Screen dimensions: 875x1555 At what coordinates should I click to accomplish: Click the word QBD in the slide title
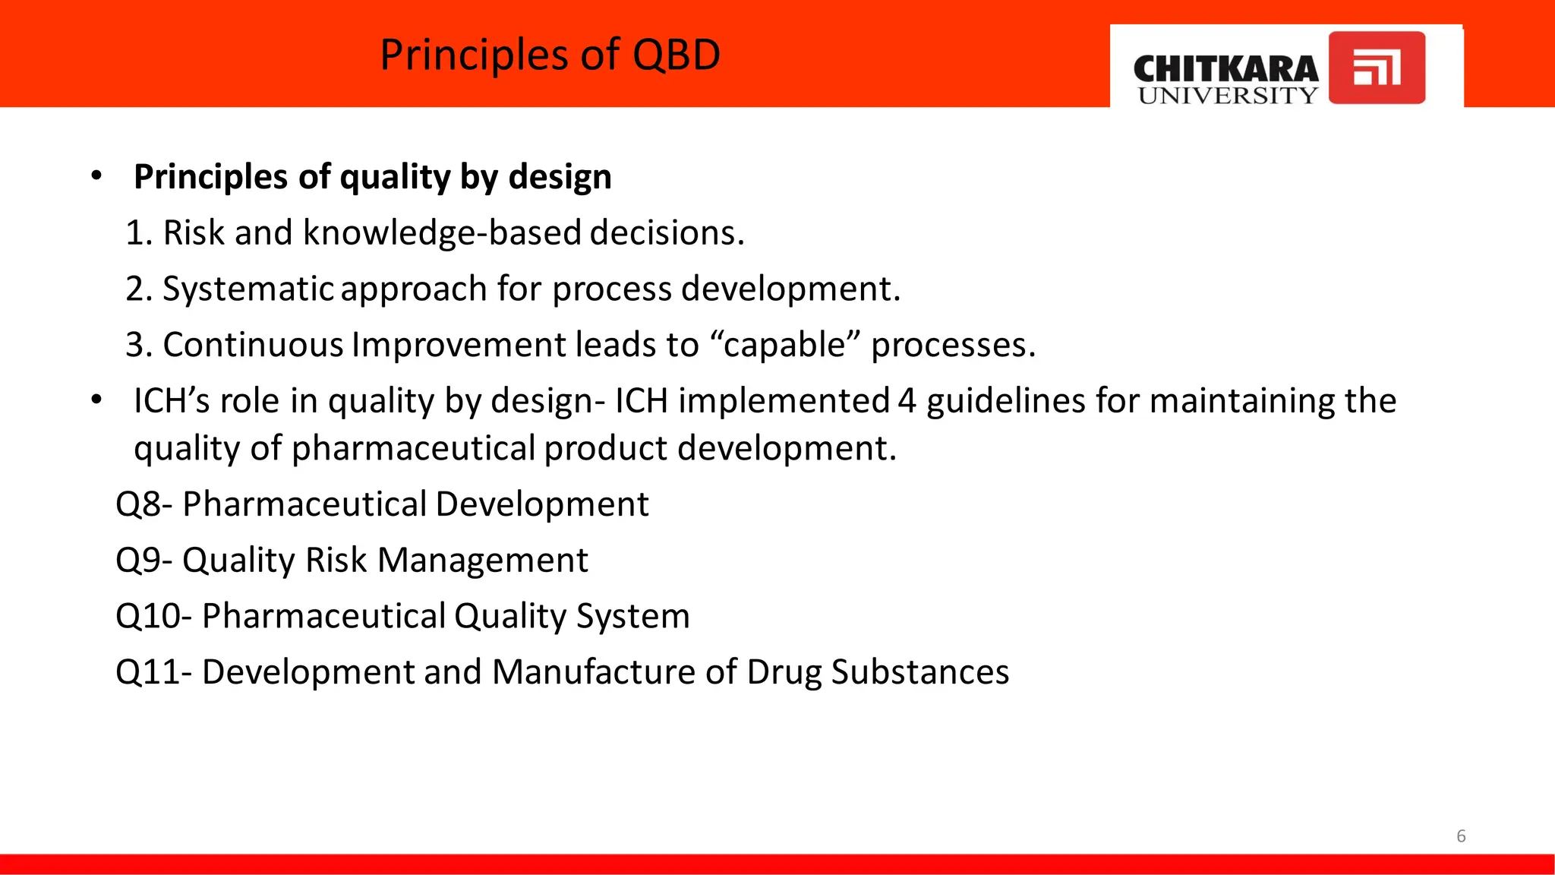[x=676, y=55]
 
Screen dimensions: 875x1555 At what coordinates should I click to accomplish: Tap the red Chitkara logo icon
[x=1376, y=67]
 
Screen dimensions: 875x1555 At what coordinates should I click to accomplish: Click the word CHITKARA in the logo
[x=1225, y=68]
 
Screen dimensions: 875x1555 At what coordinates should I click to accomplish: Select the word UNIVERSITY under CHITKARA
[x=1227, y=96]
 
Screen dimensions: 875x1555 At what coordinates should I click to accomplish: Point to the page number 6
[x=1461, y=836]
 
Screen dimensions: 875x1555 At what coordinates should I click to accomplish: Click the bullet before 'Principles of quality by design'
[x=96, y=176]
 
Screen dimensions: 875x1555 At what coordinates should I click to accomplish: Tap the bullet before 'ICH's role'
[x=96, y=400]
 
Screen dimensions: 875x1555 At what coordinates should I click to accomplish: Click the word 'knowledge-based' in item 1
[x=442, y=232]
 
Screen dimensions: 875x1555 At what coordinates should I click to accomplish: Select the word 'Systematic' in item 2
[x=248, y=289]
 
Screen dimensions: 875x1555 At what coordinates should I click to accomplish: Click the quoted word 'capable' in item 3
[x=784, y=346]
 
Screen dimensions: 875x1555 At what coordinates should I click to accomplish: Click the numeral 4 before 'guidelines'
[x=907, y=401]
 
